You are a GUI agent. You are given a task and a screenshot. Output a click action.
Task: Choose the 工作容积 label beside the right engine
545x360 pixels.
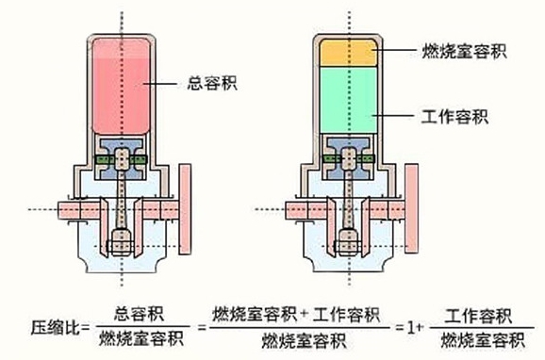(x=452, y=116)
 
